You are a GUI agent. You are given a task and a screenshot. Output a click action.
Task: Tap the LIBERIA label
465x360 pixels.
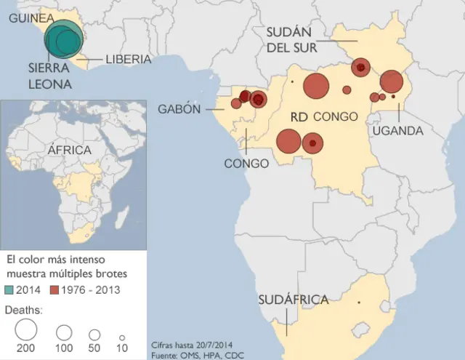(x=128, y=60)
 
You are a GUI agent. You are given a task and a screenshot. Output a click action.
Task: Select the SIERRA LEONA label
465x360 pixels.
(x=49, y=76)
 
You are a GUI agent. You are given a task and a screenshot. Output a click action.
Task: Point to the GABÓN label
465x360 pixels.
(x=179, y=109)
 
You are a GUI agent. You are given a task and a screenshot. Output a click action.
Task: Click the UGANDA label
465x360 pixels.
(x=397, y=131)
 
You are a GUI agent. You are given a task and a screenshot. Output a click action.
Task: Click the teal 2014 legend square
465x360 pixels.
(x=10, y=289)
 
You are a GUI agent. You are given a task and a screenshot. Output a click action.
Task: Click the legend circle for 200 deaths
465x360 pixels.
(x=25, y=331)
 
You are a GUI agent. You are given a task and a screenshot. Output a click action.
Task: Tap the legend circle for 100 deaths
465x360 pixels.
(x=64, y=333)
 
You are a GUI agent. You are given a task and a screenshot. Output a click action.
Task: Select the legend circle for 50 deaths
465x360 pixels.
(x=94, y=335)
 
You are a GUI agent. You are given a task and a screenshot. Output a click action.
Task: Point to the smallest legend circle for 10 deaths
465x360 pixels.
(x=122, y=337)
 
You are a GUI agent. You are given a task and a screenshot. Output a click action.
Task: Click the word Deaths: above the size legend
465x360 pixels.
(x=23, y=309)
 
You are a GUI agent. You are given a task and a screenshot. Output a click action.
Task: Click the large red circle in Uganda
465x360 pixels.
(x=391, y=81)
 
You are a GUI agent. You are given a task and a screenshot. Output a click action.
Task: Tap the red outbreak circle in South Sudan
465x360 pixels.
(x=361, y=68)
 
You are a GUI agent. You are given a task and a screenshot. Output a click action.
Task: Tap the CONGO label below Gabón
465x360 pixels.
(x=246, y=164)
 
